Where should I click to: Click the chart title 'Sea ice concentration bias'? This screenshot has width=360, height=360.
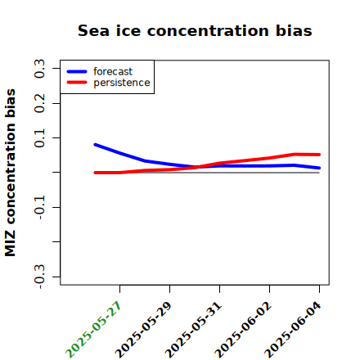[x=195, y=30]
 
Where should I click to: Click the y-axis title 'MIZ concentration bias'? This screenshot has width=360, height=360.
[x=11, y=173]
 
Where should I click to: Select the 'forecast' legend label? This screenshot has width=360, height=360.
[x=113, y=71]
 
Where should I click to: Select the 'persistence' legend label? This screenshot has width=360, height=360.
[x=122, y=83]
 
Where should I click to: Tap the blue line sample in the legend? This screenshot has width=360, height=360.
[x=77, y=71]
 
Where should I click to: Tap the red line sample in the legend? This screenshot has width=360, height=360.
[x=77, y=83]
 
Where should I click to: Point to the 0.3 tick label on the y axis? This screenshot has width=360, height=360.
[x=39, y=69]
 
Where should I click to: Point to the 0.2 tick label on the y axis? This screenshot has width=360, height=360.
[x=39, y=103]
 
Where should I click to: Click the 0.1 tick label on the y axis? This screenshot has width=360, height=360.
[x=39, y=138]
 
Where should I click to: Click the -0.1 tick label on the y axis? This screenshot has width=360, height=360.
[x=39, y=208]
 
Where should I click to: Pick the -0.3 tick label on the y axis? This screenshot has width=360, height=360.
[x=39, y=277]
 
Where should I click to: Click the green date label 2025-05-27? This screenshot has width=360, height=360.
[x=93, y=330]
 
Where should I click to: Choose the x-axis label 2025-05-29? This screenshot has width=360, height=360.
[x=143, y=330]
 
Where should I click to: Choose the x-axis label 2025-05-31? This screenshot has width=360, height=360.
[x=193, y=330]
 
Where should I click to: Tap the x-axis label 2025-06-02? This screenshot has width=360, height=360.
[x=243, y=330]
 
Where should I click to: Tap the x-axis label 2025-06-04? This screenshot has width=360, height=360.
[x=293, y=330]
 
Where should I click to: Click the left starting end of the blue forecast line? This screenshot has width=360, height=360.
[x=95, y=145]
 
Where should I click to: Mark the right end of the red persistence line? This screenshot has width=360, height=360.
[x=319, y=155]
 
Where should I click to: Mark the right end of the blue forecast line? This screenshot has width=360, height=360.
[x=319, y=168]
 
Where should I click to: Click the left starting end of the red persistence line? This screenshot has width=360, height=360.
[x=95, y=173]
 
